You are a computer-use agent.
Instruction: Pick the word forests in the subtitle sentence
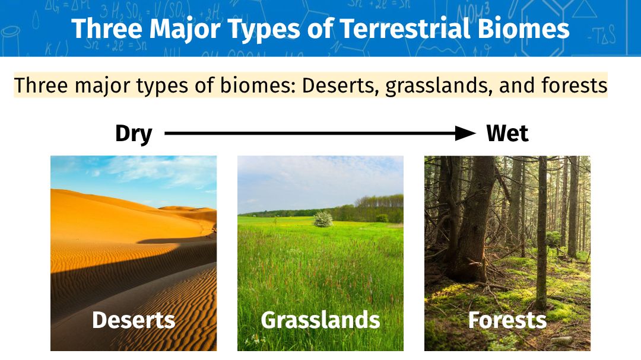tap(575, 85)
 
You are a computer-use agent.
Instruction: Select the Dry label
tap(134, 134)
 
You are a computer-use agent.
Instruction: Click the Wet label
tap(507, 133)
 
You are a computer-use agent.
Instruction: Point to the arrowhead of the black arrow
tap(466, 133)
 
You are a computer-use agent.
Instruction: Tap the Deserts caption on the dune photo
tap(134, 320)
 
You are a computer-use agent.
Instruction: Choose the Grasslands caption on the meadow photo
tap(320, 320)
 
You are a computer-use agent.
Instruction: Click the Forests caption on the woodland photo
tap(507, 320)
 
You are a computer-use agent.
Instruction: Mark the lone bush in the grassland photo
tap(323, 219)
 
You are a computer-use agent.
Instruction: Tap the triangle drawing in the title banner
tap(584, 9)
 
